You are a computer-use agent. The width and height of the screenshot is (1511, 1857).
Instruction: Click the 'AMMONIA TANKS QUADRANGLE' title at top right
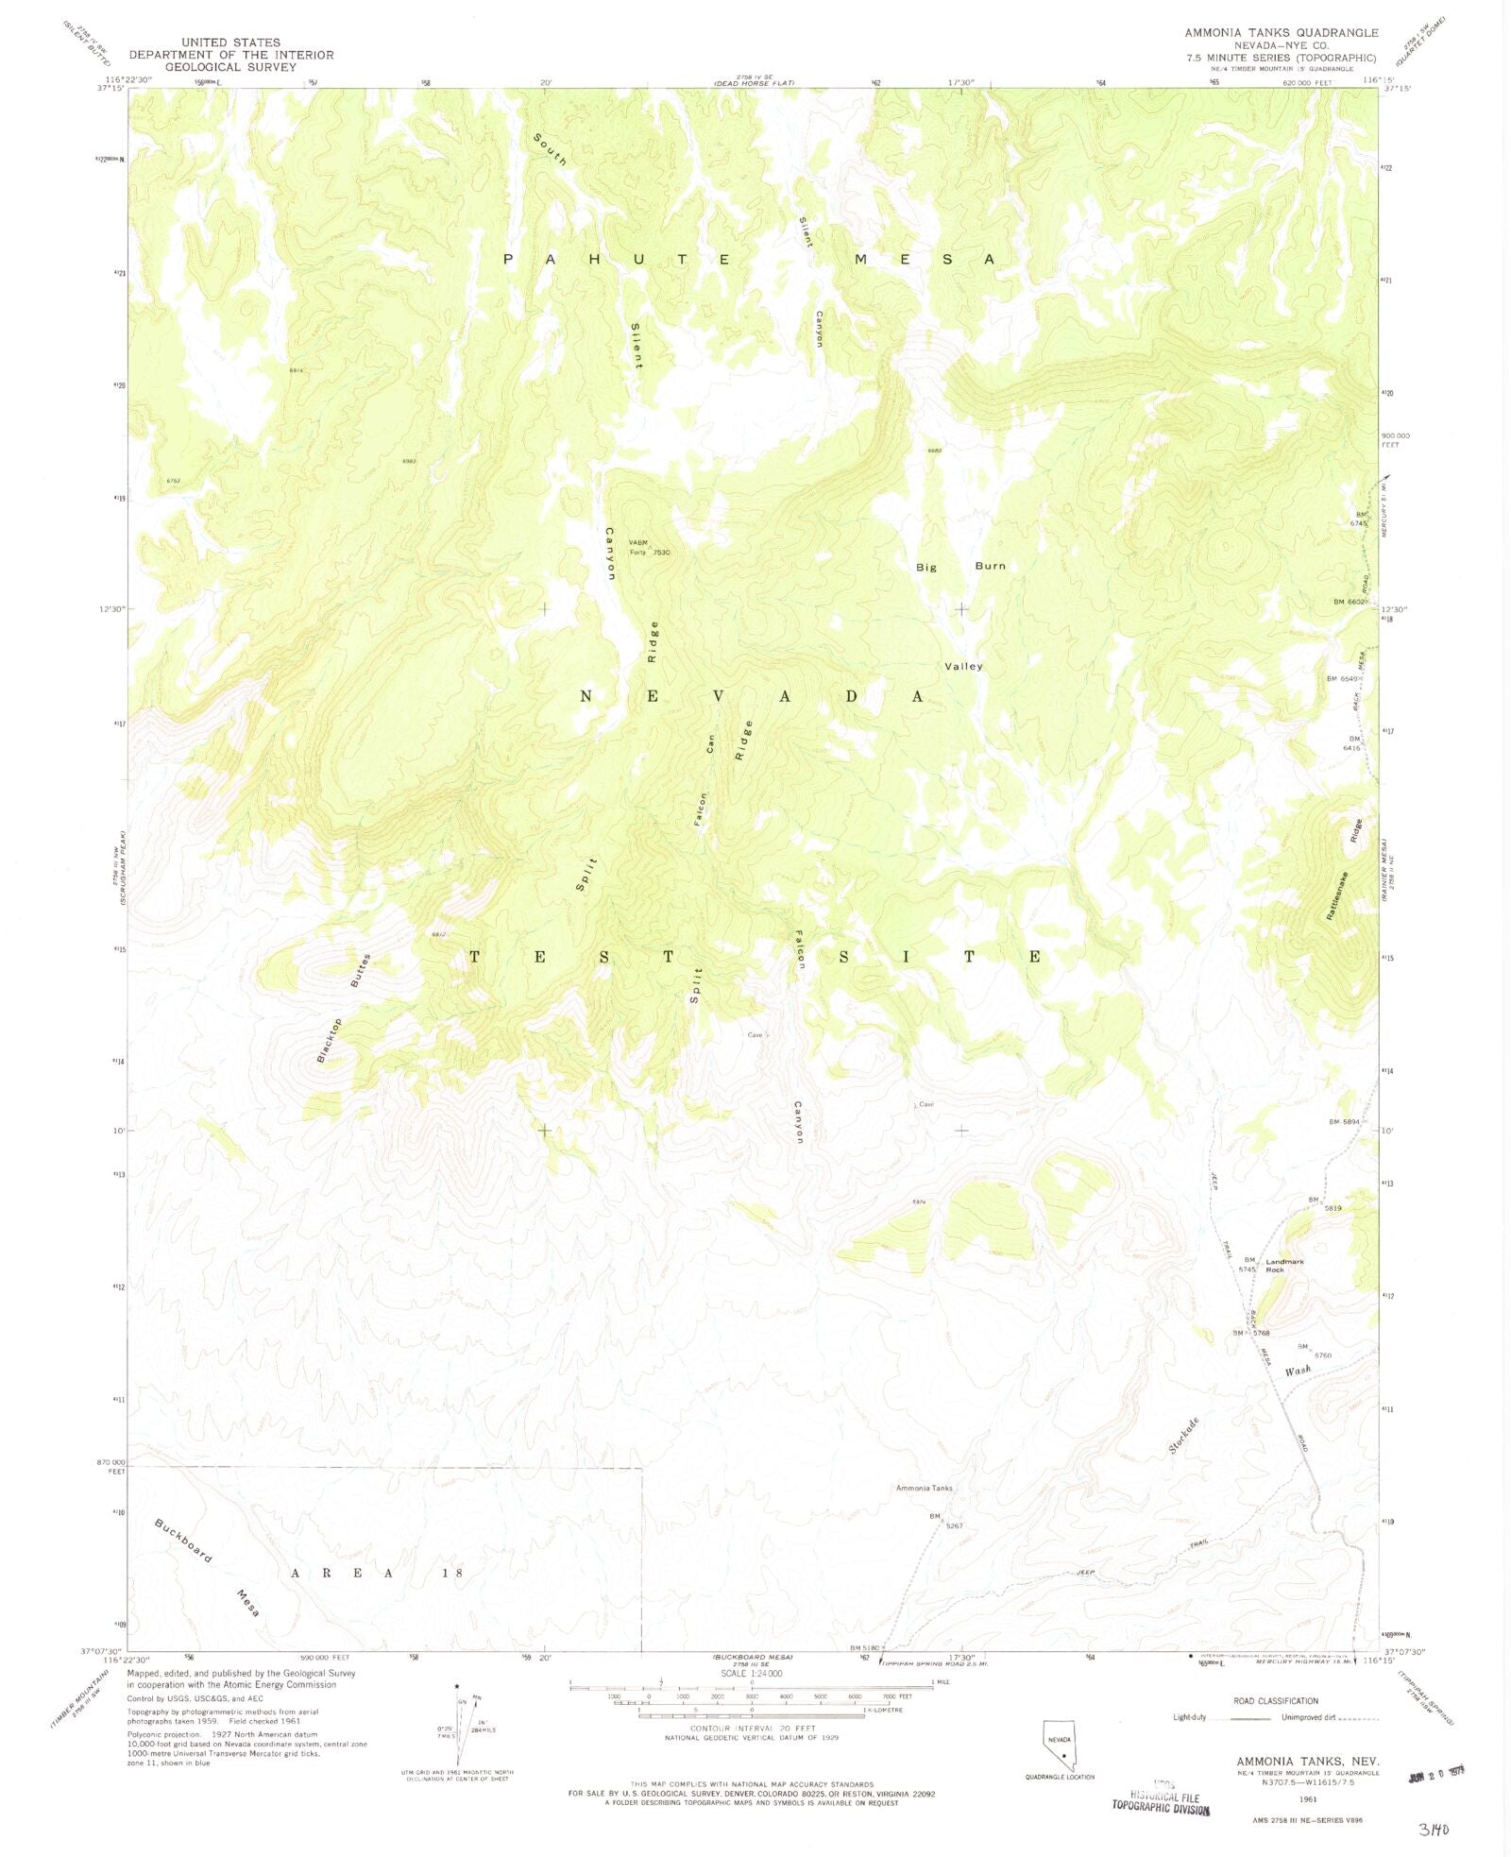click(1282, 32)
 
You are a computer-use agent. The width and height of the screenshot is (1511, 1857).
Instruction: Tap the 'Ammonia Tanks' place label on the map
click(924, 1488)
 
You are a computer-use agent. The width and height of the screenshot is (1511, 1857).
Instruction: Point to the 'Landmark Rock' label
click(1284, 1266)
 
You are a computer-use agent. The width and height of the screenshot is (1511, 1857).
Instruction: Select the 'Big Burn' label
click(960, 567)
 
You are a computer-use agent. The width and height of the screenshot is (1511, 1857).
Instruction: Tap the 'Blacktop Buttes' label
click(344, 1010)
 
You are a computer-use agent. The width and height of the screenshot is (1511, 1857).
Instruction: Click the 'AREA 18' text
click(377, 1574)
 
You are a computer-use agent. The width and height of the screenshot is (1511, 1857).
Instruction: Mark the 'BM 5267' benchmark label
click(944, 1520)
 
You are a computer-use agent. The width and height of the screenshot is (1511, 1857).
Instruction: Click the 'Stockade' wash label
click(1183, 1436)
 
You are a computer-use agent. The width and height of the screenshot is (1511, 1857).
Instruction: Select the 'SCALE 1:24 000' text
click(751, 1673)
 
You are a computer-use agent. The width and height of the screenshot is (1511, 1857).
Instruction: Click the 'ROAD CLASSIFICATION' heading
click(1275, 1701)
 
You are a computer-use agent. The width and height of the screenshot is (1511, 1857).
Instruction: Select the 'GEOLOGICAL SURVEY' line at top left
click(230, 67)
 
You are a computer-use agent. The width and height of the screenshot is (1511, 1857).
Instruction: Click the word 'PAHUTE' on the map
click(617, 259)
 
